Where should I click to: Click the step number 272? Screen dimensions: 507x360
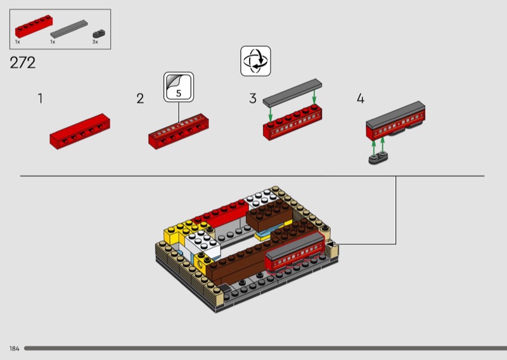[x=23, y=63]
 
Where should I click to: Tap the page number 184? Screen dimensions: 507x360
[x=14, y=349]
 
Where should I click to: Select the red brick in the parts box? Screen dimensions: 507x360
[x=34, y=26]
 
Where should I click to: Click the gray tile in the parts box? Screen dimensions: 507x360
[x=69, y=29]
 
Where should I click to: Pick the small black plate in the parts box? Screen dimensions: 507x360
[x=99, y=34]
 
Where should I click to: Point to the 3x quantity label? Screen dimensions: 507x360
[x=95, y=42]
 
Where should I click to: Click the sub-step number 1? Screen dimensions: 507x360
[x=41, y=98]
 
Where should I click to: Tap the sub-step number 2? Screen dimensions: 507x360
[x=140, y=99]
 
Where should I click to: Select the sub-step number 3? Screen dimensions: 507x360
[x=253, y=98]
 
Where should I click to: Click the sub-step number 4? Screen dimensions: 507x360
[x=361, y=98]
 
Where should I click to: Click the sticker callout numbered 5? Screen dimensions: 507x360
[x=179, y=87]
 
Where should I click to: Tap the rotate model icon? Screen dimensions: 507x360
[x=255, y=61]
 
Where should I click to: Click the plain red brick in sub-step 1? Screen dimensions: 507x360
[x=80, y=131]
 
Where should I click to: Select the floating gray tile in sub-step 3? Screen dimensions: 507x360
[x=292, y=93]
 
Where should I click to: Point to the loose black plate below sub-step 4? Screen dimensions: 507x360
[x=378, y=158]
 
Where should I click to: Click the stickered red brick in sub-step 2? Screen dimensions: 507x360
[x=179, y=131]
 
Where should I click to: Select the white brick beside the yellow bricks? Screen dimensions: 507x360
[x=203, y=243]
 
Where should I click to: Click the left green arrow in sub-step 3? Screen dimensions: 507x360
[x=271, y=114]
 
